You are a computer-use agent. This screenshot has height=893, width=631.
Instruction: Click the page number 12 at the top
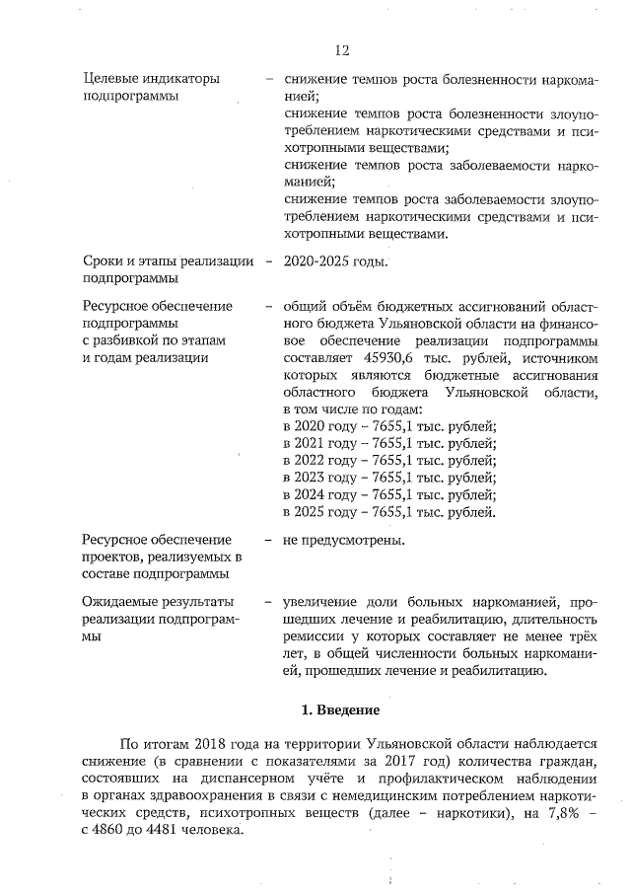(342, 49)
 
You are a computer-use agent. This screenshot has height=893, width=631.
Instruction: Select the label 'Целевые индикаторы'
(151, 78)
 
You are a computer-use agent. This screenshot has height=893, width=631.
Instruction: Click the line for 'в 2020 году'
(388, 426)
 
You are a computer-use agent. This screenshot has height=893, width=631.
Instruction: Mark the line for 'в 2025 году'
(388, 512)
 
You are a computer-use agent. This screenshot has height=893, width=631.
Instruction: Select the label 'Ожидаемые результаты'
(158, 602)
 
